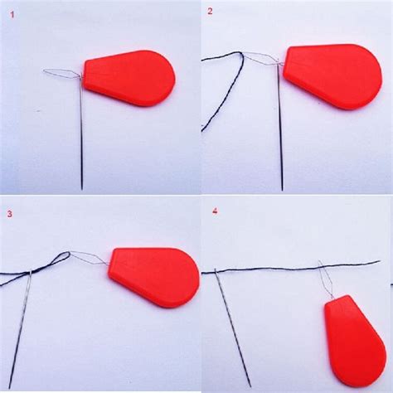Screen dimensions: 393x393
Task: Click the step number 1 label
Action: coord(12,15)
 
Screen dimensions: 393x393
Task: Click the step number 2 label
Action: coord(211,12)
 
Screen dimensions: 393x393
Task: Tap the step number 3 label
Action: coord(10,214)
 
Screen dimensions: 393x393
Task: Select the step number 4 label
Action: coord(215,211)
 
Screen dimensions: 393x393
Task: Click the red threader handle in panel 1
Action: coord(129,78)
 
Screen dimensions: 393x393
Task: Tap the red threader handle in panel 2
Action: coord(332,76)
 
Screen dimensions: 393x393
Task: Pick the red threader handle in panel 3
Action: coord(155,278)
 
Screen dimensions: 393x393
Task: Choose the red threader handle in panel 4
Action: coord(355,342)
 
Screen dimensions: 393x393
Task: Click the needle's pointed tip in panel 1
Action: coord(82,190)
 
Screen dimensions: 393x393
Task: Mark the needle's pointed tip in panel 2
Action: coord(282,190)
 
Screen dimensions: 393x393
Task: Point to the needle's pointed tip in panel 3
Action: coord(10,388)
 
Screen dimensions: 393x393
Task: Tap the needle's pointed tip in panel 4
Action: coord(250,387)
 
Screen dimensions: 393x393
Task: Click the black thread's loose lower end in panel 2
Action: coord(202,130)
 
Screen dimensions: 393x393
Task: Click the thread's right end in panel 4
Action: coord(380,261)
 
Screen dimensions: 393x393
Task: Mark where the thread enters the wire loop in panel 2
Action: coord(242,54)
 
